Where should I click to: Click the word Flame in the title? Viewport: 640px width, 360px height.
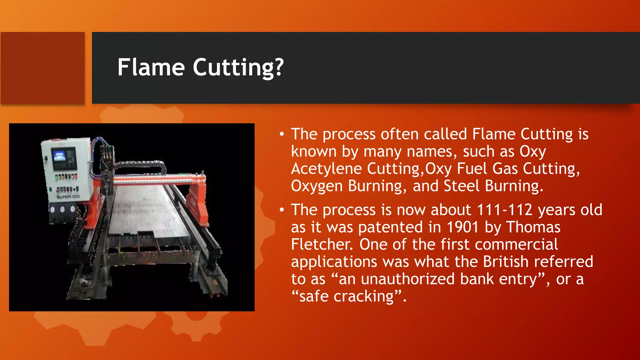[151, 67]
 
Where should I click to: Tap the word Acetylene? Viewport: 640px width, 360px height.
[326, 169]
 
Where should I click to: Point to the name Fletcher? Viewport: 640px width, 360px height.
[322, 245]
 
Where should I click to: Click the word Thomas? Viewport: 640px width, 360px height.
[533, 227]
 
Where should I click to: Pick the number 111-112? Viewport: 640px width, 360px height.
[504, 210]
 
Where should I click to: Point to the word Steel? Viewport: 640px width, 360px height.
[462, 186]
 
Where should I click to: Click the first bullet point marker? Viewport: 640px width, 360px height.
[282, 134]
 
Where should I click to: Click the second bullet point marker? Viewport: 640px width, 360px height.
[282, 210]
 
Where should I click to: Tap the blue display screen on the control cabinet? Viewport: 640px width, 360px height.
[59, 155]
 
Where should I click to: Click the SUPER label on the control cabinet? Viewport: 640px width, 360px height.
[64, 197]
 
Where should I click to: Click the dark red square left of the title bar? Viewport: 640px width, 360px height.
[42, 68]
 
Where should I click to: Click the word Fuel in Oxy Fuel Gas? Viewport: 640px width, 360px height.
[472, 169]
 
